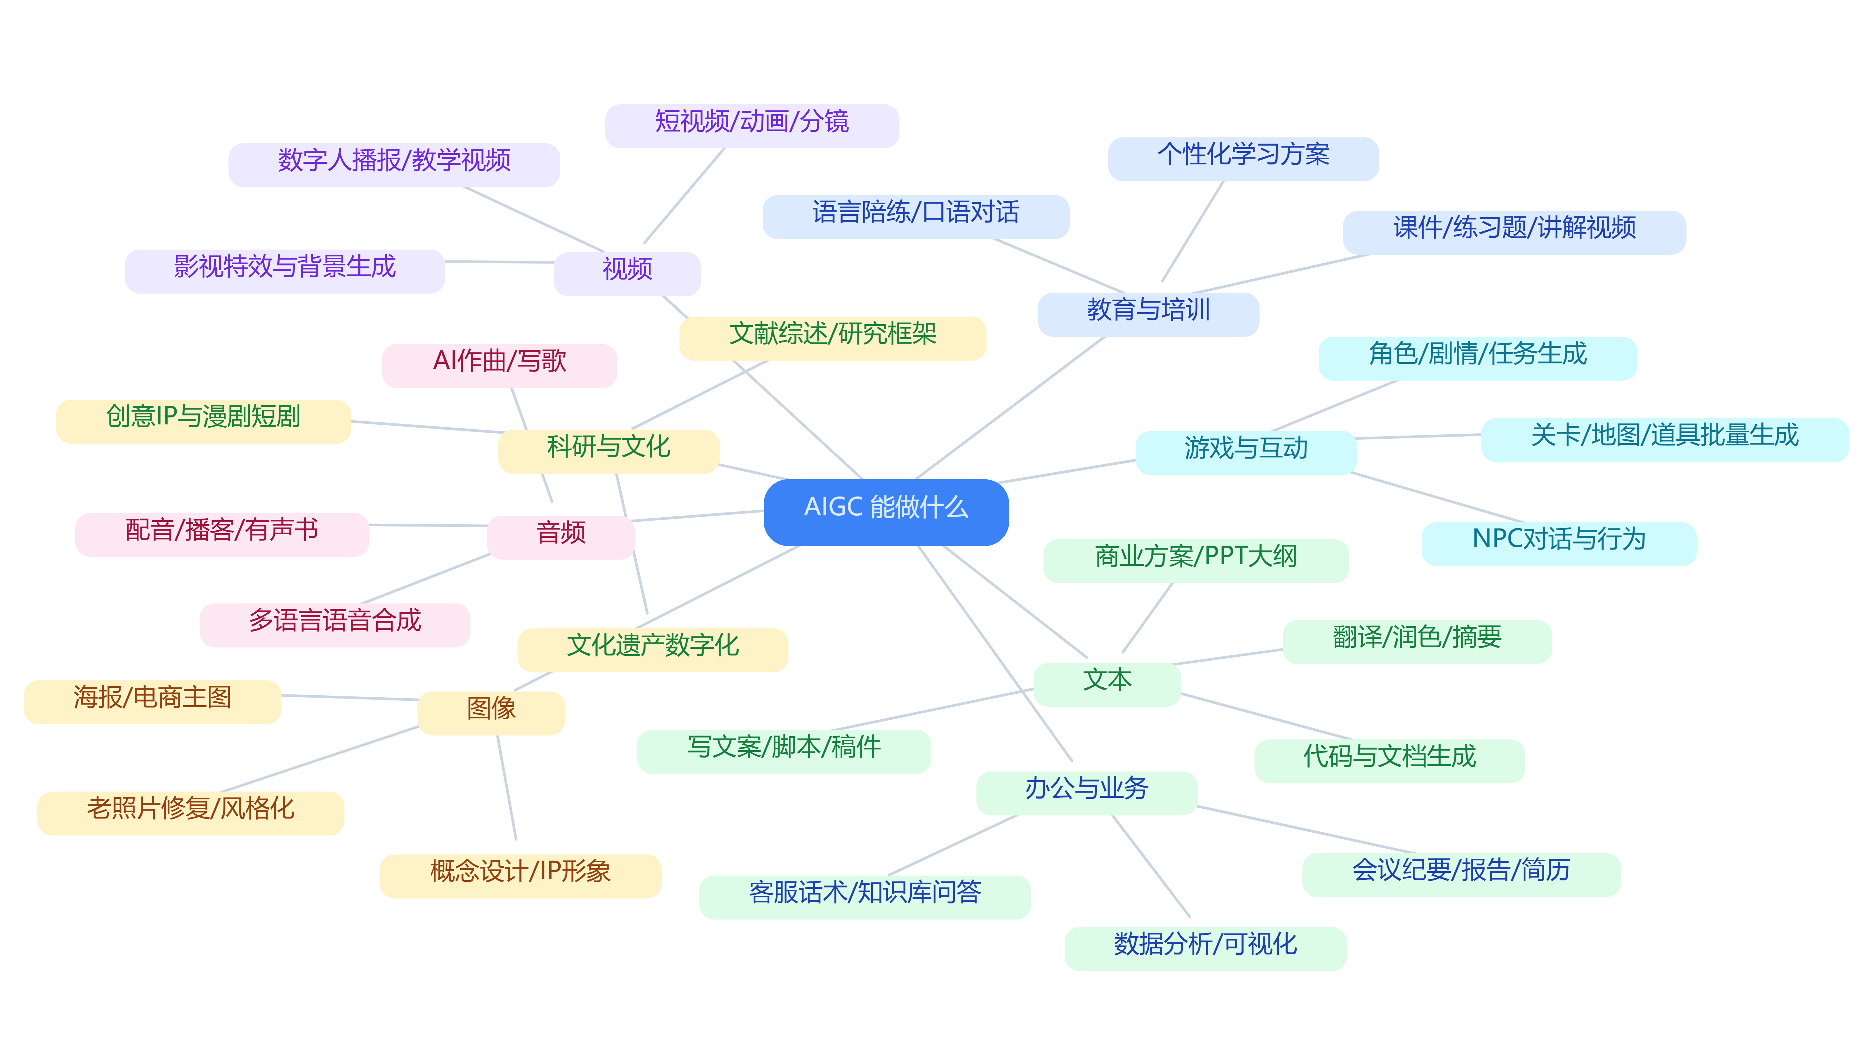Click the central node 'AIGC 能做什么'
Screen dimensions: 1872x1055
click(x=886, y=512)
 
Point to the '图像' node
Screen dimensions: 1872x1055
click(x=491, y=713)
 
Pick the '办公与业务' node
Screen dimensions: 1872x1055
click(x=1086, y=793)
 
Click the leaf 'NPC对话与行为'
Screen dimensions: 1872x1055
click(x=1559, y=543)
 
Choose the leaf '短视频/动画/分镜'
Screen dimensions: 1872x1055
click(x=752, y=126)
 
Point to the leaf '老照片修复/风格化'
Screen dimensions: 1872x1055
click(x=191, y=813)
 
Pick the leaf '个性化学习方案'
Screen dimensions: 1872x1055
click(x=1243, y=158)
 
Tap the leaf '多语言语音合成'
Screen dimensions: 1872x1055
click(x=335, y=625)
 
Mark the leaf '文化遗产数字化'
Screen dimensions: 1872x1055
click(x=653, y=650)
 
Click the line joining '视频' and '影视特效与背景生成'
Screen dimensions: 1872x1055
click(x=499, y=262)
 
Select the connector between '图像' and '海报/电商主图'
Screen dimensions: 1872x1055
click(x=349, y=698)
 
